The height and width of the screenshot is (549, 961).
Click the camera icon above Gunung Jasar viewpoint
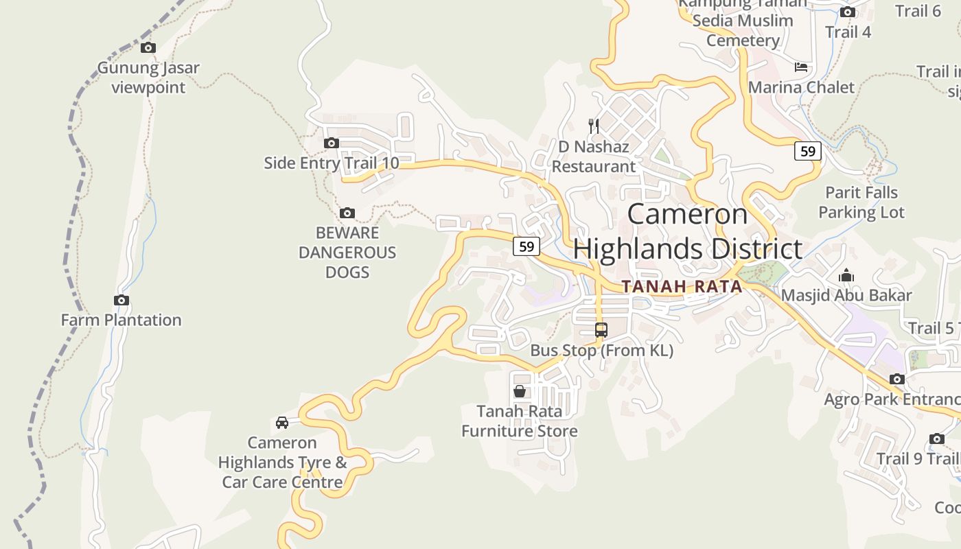[148, 48]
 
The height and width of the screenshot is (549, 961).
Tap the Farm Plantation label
[121, 320]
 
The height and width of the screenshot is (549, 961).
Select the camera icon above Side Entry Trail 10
[332, 143]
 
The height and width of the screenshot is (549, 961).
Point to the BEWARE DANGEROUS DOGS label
[347, 253]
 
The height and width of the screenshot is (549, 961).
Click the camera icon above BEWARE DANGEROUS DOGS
[347, 213]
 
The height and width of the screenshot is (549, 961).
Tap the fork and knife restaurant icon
[594, 126]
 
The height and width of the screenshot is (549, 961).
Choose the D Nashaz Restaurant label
[594, 156]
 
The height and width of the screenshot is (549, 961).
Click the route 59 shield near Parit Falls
[808, 151]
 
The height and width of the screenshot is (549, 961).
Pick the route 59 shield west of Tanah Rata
[526, 246]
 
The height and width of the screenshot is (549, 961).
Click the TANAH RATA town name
[682, 287]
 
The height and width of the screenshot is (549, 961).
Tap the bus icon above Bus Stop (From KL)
[601, 330]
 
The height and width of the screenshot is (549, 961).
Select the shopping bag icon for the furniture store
[520, 391]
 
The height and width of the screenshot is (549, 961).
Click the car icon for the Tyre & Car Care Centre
[282, 422]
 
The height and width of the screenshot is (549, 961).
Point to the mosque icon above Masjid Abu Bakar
[846, 276]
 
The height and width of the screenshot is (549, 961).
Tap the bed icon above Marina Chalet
[801, 67]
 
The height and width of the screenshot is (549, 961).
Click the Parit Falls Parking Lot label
[861, 202]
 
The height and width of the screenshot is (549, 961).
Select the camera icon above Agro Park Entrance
[897, 379]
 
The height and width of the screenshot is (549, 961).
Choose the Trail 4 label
[848, 32]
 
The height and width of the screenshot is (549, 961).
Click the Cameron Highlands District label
[688, 231]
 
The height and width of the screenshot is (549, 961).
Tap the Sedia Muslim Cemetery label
[743, 30]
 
